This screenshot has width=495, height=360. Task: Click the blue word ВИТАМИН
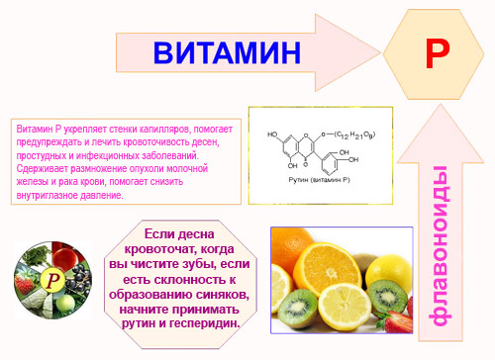(228, 51)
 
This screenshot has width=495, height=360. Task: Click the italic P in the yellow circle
(56, 295)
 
